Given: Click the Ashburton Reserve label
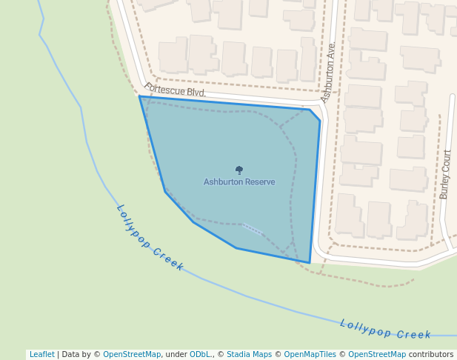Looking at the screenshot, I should pyautogui.click(x=239, y=182).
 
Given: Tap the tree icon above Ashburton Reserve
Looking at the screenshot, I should pyautogui.click(x=239, y=170).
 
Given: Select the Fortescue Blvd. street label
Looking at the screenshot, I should pyautogui.click(x=175, y=91).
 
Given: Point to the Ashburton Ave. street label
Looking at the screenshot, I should pyautogui.click(x=329, y=73).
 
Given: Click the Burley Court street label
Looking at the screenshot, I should pyautogui.click(x=445, y=174).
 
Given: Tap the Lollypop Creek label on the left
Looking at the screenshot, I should pyautogui.click(x=150, y=238).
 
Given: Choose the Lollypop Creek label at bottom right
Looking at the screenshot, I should pyautogui.click(x=385, y=329).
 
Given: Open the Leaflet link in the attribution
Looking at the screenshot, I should pyautogui.click(x=42, y=355).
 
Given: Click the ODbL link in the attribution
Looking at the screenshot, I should pyautogui.click(x=199, y=355).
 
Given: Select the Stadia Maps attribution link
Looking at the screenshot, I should pyautogui.click(x=249, y=355).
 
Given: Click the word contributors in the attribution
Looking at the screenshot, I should pyautogui.click(x=431, y=355).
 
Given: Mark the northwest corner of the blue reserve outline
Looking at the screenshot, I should pyautogui.click(x=140, y=96).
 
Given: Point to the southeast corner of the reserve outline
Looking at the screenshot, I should pyautogui.click(x=310, y=262).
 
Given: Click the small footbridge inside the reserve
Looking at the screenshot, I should pyautogui.click(x=253, y=230).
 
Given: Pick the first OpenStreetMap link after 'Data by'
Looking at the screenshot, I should pyautogui.click(x=132, y=355).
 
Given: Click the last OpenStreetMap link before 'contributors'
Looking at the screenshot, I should pyautogui.click(x=377, y=355).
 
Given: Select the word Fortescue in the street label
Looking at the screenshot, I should pyautogui.click(x=163, y=89).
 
